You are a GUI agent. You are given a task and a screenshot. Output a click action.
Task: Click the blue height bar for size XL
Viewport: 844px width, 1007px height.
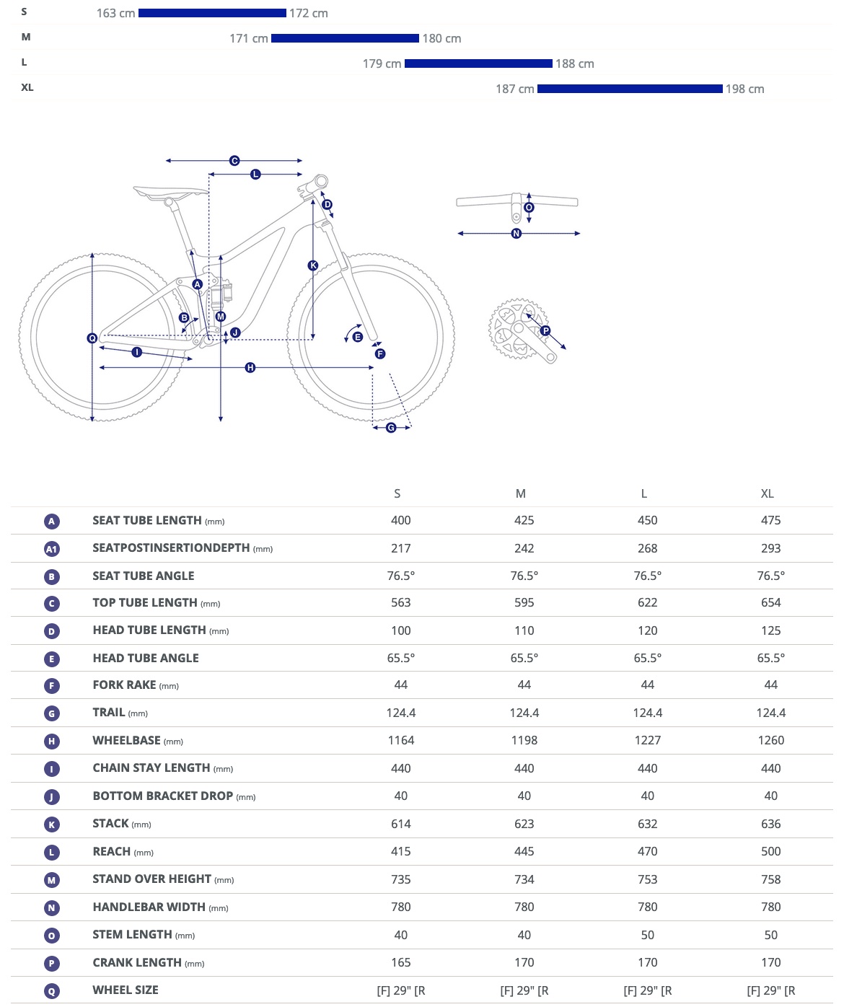point(629,89)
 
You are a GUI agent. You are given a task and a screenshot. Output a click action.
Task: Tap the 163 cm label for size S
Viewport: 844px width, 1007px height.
point(115,13)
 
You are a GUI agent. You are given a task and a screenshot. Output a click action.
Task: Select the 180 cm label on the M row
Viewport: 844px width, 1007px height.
point(441,38)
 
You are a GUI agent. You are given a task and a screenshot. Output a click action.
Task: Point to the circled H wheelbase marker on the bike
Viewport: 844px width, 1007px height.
point(250,368)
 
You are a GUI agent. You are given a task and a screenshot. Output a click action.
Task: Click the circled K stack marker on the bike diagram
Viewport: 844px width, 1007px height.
point(313,265)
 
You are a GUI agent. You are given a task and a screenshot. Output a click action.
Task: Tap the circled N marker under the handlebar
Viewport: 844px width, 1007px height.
point(516,234)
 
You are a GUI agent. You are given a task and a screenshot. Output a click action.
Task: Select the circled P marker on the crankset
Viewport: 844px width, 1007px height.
point(545,331)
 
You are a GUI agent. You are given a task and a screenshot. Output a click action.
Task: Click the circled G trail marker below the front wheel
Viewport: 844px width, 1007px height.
point(391,428)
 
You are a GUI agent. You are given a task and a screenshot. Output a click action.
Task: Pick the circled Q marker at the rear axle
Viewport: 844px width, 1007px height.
point(92,338)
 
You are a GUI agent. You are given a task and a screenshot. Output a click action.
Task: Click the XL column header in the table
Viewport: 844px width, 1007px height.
point(767,493)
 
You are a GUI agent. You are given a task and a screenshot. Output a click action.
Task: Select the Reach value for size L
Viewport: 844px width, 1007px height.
point(647,851)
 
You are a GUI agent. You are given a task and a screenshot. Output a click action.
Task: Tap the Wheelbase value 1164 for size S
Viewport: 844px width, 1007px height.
point(400,740)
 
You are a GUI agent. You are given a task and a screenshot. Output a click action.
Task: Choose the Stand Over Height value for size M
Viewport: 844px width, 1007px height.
point(524,879)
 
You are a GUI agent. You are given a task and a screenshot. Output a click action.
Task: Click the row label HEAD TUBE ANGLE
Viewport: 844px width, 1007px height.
point(146,658)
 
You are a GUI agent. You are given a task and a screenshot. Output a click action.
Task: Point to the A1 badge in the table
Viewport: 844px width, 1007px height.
point(51,549)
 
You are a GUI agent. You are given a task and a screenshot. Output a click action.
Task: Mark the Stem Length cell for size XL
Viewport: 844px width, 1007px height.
point(770,935)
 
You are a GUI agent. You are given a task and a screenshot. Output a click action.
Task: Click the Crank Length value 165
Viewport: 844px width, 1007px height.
point(400,962)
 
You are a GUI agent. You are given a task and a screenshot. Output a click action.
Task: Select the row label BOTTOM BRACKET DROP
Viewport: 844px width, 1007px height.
point(163,796)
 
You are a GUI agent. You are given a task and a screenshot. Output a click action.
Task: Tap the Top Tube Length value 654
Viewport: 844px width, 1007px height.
point(770,602)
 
